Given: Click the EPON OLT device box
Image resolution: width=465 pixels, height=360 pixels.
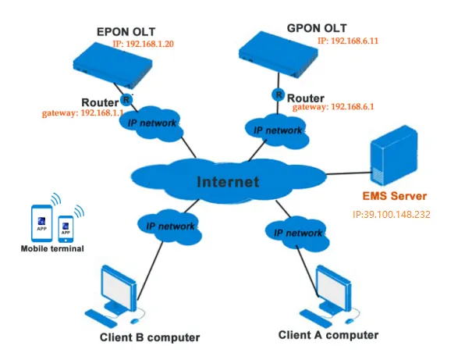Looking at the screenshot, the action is [112, 66].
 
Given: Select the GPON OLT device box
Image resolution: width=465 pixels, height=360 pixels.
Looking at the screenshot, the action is [279, 55].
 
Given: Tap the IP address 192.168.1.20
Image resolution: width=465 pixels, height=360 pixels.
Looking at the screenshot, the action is [144, 44].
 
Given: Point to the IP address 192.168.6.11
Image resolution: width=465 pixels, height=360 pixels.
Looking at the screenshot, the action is [348, 41].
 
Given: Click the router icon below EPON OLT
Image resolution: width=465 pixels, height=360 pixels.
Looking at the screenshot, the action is [126, 100].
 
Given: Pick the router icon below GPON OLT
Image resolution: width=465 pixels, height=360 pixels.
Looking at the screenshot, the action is [279, 94].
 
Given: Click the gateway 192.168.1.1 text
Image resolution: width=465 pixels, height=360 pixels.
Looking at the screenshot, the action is [83, 113].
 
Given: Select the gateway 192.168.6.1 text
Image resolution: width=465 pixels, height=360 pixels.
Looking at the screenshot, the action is [333, 107].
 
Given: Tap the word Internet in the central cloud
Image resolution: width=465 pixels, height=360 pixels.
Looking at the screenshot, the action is [228, 182].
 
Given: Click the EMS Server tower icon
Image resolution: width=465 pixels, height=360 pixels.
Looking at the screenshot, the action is [394, 155].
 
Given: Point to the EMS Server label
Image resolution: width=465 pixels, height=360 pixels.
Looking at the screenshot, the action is [395, 196].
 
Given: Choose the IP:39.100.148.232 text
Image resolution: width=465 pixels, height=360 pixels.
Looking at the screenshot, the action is [391, 215].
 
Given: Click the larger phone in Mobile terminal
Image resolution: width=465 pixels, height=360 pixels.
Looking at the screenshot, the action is [42, 223].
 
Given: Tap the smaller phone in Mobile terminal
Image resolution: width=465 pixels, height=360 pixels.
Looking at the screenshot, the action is [66, 229].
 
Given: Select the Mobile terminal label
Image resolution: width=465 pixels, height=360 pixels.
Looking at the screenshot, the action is [52, 248].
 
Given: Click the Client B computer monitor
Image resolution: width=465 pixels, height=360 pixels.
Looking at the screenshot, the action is [119, 288].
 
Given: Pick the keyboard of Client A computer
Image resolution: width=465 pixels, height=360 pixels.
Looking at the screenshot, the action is [315, 318].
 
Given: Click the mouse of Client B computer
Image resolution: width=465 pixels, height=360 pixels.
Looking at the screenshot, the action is [135, 321].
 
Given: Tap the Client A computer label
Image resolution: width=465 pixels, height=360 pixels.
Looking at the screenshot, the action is [328, 335].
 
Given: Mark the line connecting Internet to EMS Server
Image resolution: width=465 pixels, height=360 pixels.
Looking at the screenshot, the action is [349, 173].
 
